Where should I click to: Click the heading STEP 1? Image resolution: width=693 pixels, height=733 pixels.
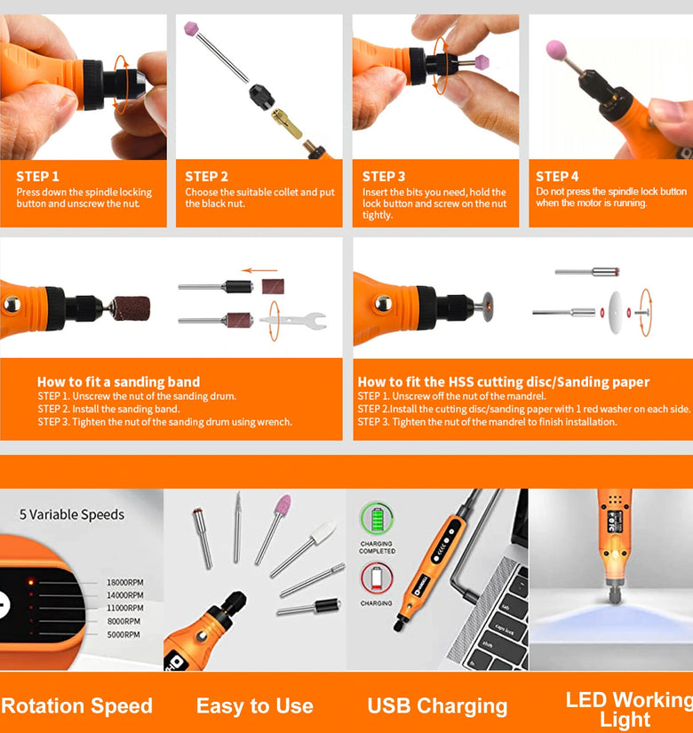coord(37,176)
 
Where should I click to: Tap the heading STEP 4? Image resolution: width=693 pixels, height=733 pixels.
coord(557,176)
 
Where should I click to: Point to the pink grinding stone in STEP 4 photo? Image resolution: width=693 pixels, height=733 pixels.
coord(556,50)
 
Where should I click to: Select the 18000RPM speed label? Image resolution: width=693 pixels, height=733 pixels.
coord(125,582)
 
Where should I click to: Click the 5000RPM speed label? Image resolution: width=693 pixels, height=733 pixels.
coord(123,634)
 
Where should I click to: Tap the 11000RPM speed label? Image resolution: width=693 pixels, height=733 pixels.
coord(125,608)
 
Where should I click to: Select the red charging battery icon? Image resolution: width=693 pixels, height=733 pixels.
coord(377,578)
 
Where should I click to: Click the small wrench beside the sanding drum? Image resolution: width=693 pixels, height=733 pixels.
coord(293,321)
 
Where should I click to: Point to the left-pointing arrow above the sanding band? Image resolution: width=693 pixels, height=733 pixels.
coord(259,270)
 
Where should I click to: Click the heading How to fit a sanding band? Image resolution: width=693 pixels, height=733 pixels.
coord(118,381)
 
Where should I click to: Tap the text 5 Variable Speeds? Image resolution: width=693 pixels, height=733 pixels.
coord(72,514)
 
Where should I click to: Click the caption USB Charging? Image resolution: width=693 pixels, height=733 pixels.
coord(437,705)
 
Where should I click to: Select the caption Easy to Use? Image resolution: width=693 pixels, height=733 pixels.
coord(254,705)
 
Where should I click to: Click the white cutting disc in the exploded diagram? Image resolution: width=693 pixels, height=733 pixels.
coord(616,312)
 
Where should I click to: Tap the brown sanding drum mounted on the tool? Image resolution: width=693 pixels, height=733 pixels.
coord(132,308)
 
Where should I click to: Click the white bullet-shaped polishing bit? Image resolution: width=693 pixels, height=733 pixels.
coord(324,532)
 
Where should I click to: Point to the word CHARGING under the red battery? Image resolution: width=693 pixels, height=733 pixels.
coord(377,603)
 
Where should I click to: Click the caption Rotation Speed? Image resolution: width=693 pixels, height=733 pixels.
coord(76,705)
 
